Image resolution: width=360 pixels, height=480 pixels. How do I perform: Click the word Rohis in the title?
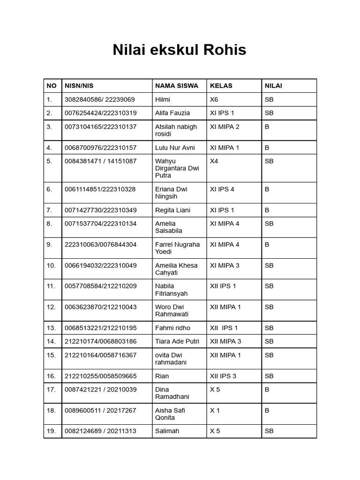[x=223, y=50]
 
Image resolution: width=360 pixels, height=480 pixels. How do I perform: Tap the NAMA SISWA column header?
[x=177, y=86]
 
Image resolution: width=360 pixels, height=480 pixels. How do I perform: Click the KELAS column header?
[x=221, y=86]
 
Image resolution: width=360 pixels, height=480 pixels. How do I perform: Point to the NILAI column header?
[x=273, y=86]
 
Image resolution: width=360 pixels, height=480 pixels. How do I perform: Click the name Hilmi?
[x=163, y=99]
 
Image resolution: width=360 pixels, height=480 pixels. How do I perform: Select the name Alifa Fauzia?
[x=172, y=113]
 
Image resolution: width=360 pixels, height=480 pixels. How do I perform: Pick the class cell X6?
[x=214, y=99]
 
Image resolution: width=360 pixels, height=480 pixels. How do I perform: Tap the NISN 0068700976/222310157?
[x=101, y=148]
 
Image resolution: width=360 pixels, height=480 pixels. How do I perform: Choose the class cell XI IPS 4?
[x=222, y=189]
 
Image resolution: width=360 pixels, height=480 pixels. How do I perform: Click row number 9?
[x=49, y=245]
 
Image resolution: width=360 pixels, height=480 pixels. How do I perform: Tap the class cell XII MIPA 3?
[x=225, y=342]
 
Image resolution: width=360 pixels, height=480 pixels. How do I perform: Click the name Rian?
[x=162, y=376]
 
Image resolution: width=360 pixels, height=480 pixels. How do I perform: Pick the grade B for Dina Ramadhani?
[x=267, y=390]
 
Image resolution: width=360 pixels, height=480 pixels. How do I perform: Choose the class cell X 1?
[x=215, y=411]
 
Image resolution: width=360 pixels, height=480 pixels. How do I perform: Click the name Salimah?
[x=167, y=431]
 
